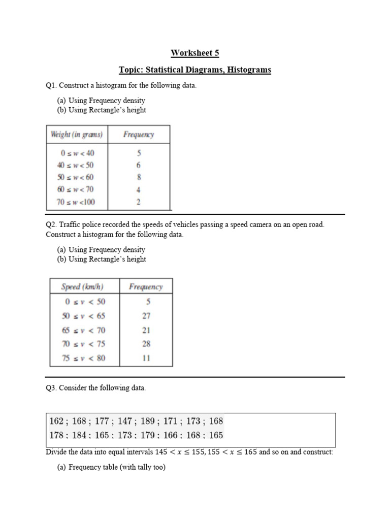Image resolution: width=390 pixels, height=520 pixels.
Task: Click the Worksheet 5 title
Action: (195, 53)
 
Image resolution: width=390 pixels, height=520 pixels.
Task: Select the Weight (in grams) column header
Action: (77, 135)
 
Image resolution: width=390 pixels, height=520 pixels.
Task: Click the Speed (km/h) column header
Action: (82, 287)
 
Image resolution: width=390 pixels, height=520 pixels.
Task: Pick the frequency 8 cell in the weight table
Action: (139, 177)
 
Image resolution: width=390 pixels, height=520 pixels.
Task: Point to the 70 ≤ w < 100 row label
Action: (76, 202)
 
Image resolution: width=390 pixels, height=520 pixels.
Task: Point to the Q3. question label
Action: (51, 388)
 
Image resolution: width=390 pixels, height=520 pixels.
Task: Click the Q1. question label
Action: (51, 86)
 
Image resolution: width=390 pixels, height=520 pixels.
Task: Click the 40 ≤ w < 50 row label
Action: (76, 165)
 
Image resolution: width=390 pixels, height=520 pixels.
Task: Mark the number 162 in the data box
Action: (57, 421)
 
